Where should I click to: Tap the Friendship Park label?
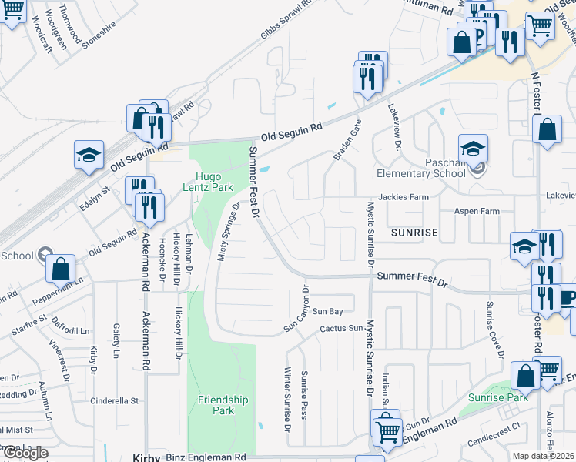point(223,405)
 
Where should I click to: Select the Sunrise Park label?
point(497,398)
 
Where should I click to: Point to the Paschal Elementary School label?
point(446,168)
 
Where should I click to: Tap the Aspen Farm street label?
point(477,211)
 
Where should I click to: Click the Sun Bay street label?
point(327,311)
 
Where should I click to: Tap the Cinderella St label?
point(114,401)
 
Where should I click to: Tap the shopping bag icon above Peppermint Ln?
point(61,269)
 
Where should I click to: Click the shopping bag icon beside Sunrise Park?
point(527,377)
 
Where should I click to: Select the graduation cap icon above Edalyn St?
point(89,154)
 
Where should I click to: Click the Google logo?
point(25,453)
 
